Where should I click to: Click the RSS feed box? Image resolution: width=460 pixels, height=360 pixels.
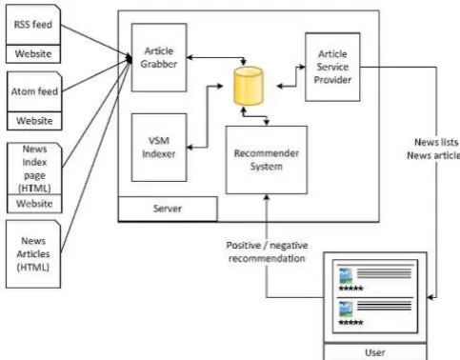coord(33,25)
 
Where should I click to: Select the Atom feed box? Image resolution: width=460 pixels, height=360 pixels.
coord(34,91)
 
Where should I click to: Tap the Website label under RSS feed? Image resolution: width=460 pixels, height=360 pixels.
coord(33,53)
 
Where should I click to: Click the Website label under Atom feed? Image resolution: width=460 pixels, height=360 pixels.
coord(34,121)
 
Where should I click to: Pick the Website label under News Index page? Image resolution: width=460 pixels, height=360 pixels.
coord(34,203)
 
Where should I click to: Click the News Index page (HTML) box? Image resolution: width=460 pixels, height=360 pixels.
coord(34,169)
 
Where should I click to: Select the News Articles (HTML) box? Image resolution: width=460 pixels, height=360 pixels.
coord(33,254)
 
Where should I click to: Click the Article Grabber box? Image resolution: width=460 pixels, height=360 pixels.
coord(159,57)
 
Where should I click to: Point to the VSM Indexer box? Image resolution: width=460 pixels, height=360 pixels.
coord(159,148)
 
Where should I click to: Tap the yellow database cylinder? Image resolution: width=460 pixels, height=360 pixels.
coord(248,86)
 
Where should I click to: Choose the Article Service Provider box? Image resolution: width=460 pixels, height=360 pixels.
coord(332,67)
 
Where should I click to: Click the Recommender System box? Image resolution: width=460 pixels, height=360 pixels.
coord(267,160)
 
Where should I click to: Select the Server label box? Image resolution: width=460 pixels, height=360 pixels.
coord(168,209)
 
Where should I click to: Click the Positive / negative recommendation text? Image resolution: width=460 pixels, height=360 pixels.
coord(267,251)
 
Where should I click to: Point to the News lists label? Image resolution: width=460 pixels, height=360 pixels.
coord(436,142)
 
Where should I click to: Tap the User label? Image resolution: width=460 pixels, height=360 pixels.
coord(375,352)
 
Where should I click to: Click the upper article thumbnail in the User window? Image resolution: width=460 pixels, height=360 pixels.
coord(346,275)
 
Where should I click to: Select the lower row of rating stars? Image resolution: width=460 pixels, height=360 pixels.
coord(350,323)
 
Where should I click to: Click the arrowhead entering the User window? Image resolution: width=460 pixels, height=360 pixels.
coord(430,297)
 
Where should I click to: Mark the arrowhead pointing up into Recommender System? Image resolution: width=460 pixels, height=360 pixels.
coord(267,197)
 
